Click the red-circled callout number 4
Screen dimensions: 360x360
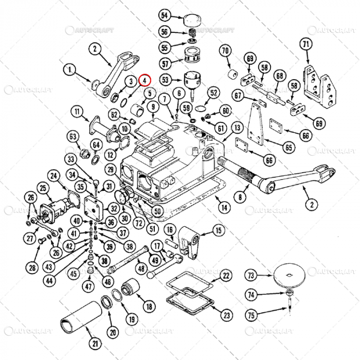pyautogui.click(x=146, y=81)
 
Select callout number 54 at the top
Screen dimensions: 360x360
pyautogui.click(x=165, y=15)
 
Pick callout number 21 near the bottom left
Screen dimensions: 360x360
pyautogui.click(x=94, y=343)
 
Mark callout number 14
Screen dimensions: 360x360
pyautogui.click(x=223, y=208)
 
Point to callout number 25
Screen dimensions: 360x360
pyautogui.click(x=42, y=189)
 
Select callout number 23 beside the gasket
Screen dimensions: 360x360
pyautogui.click(x=227, y=315)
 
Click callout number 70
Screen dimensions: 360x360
pyautogui.click(x=225, y=51)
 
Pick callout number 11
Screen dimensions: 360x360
pyautogui.click(x=77, y=112)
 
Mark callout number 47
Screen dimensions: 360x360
pyautogui.click(x=89, y=286)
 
